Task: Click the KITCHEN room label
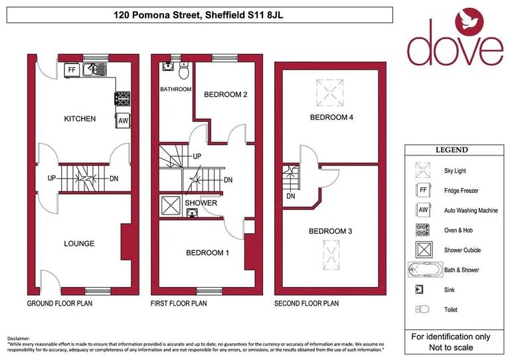(x=80, y=119)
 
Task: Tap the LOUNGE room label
(x=79, y=244)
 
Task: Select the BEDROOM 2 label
(x=225, y=95)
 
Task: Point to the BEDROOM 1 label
(x=208, y=253)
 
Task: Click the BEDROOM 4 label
(x=331, y=118)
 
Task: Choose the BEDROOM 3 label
(x=331, y=232)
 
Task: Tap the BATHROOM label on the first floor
(x=175, y=89)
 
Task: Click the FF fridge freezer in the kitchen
(x=71, y=68)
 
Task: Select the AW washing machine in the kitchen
(x=122, y=120)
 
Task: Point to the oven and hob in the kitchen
(x=122, y=98)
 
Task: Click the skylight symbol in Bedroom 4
(x=331, y=89)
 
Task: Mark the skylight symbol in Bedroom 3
(x=331, y=254)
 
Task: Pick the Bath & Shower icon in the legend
(x=423, y=270)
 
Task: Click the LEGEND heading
(x=451, y=150)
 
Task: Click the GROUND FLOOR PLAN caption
(x=59, y=304)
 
